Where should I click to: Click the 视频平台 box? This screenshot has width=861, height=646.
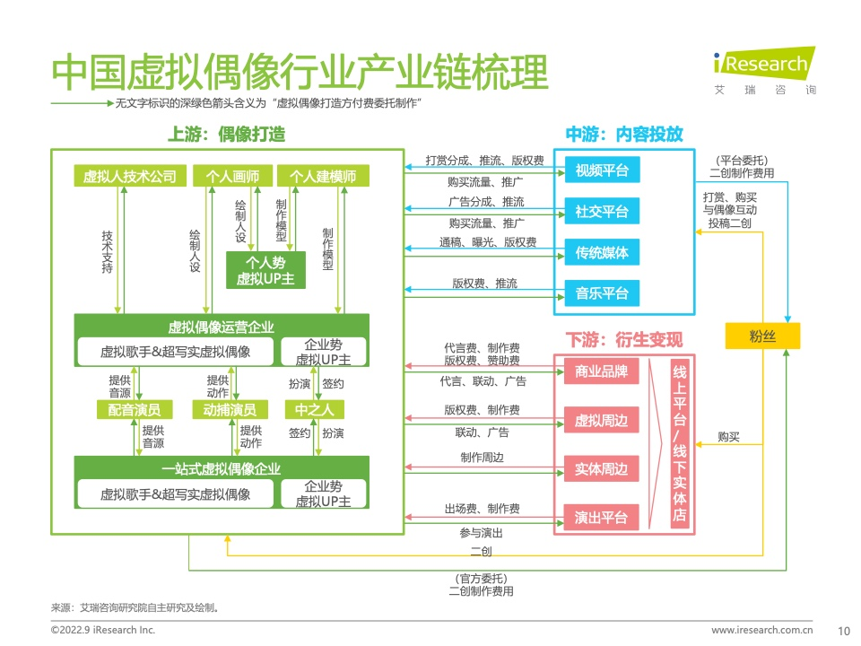click(x=602, y=170)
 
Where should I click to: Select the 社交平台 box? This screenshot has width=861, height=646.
click(x=602, y=212)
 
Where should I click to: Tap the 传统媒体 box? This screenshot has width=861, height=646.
click(x=602, y=253)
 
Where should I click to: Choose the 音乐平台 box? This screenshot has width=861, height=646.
click(x=602, y=293)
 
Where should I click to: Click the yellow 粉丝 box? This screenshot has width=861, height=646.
click(x=762, y=336)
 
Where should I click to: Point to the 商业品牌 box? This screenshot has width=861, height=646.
click(x=601, y=371)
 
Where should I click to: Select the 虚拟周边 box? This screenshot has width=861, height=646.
click(x=601, y=420)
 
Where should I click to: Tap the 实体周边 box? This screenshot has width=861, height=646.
click(x=601, y=468)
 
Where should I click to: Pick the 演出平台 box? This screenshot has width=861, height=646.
click(x=601, y=517)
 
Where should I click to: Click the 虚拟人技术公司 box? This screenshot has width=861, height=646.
click(x=130, y=176)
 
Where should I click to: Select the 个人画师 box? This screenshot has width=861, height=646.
click(x=233, y=176)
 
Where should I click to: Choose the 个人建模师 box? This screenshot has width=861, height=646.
click(x=323, y=176)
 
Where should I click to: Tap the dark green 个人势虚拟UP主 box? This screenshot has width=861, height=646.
click(x=265, y=270)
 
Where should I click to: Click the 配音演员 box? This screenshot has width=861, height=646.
click(x=135, y=410)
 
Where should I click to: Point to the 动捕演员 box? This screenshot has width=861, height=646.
click(x=230, y=410)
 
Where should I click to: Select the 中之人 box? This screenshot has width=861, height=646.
click(x=315, y=410)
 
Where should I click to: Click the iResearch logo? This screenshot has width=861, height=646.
click(x=764, y=70)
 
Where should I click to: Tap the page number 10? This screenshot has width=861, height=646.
click(x=844, y=631)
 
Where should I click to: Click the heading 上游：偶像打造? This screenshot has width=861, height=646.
click(x=227, y=134)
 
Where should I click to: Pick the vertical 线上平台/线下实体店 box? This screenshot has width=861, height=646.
click(x=680, y=443)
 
